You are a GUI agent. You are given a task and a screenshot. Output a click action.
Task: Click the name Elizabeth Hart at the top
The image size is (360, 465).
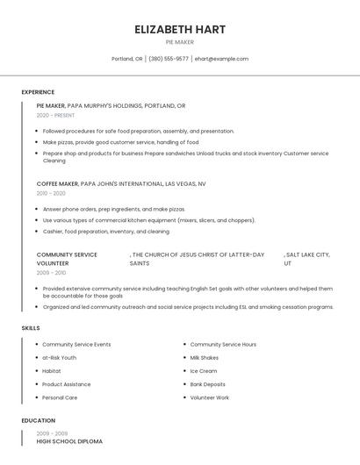coord(180,29)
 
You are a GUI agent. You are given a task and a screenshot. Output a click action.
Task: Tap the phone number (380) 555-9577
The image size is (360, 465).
coord(169,59)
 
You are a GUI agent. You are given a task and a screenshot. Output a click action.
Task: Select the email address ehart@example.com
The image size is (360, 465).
coord(221,59)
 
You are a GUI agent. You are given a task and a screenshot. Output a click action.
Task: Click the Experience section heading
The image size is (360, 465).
coord(38,92)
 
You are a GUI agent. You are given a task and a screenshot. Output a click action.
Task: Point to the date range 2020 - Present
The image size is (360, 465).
coord(55,115)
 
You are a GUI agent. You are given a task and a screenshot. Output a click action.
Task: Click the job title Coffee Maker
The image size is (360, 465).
coord(57,184)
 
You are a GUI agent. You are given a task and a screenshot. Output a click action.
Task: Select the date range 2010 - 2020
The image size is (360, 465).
coord(51,193)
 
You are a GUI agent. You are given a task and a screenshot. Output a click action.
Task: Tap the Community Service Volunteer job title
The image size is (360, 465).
coord(67,259)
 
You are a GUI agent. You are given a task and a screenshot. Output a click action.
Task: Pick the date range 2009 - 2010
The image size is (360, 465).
coord(51,273)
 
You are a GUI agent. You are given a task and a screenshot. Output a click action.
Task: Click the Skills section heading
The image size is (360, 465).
coord(31,328)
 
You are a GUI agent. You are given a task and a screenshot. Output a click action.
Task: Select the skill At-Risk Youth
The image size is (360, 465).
coord(59,358)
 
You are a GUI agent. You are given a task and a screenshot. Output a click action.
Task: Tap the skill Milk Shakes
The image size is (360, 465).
coord(205,358)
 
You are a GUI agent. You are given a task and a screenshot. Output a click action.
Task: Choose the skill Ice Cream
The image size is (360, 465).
coord(203,371)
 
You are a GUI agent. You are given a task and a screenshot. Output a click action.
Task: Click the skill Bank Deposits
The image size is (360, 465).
coord(207,384)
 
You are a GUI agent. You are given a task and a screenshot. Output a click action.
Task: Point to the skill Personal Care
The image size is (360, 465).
coord(60,397)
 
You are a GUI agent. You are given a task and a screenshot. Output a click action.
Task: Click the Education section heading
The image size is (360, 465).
coord(38,420)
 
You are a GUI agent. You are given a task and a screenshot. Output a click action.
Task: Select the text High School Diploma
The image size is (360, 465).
coord(69,441)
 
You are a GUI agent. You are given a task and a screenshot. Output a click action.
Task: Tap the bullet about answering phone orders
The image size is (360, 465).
coord(113,210)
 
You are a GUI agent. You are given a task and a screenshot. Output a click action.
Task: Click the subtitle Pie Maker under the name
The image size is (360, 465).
coord(180,41)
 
